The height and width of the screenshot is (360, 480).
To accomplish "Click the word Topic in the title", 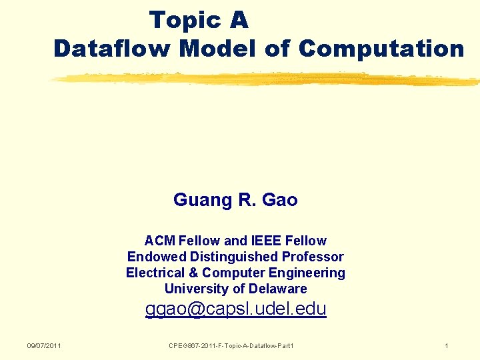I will (181, 21).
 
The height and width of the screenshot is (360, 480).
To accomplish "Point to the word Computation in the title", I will (381, 49).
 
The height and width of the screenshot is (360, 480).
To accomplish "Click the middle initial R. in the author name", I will (243, 200).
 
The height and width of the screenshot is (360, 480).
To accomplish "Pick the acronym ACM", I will (157, 241).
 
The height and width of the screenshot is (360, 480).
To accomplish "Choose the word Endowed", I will (157, 257).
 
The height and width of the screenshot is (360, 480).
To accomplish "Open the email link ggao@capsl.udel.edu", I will (236, 309).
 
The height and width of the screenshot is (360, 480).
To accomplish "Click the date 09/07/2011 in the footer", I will (44, 345).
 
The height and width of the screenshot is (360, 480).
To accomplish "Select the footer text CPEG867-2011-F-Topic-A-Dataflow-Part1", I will (232, 345).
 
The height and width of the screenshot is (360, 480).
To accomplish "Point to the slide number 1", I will (447, 345).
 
